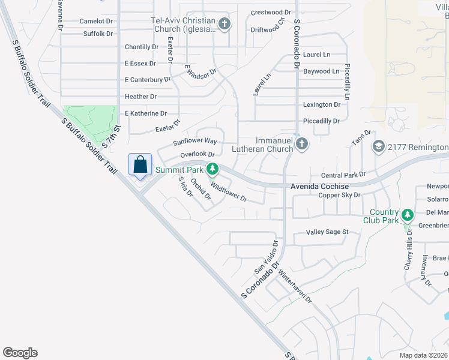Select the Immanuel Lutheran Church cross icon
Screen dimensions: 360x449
302,144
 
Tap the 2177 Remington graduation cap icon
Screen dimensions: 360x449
378,146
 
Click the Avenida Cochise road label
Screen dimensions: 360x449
319,186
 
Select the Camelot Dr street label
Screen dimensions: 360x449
96,21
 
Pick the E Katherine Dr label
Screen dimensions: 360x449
145,113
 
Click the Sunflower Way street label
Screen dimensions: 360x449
194,142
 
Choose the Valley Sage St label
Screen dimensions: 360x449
327,232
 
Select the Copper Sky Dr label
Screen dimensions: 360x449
339,195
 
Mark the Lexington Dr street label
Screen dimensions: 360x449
322,104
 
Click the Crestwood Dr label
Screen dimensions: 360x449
270,12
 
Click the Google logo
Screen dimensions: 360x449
20,353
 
